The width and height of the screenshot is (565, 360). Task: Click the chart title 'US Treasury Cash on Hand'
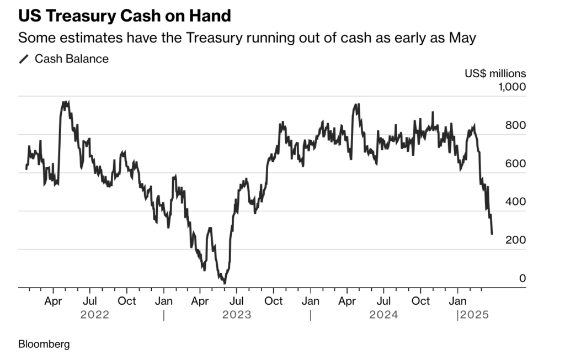pos(124,16)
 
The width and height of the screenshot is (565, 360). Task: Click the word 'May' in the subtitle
pos(463,39)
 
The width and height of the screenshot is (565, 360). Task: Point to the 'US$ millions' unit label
pos(495,73)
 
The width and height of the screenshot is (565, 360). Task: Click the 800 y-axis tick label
pos(515,125)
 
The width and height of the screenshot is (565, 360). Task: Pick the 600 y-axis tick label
pos(515,163)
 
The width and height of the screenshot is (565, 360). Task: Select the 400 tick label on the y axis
pos(515,202)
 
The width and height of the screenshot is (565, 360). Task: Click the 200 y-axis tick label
pos(515,240)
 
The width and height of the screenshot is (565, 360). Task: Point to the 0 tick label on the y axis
pos(522,279)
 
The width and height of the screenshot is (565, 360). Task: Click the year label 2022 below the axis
pos(95,315)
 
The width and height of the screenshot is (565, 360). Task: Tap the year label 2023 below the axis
pos(237,315)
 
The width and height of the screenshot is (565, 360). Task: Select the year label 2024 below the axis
pos(383,315)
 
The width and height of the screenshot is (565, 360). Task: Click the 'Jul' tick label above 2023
pos(237,301)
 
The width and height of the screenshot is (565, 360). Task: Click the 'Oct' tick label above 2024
pos(421,301)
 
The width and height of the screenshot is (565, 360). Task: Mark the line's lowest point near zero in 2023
pos(224,283)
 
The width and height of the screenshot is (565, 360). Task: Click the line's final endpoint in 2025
pos(492,234)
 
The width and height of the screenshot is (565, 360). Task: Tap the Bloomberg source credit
pos(44,344)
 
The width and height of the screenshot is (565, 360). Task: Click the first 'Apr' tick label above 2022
pos(53,301)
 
